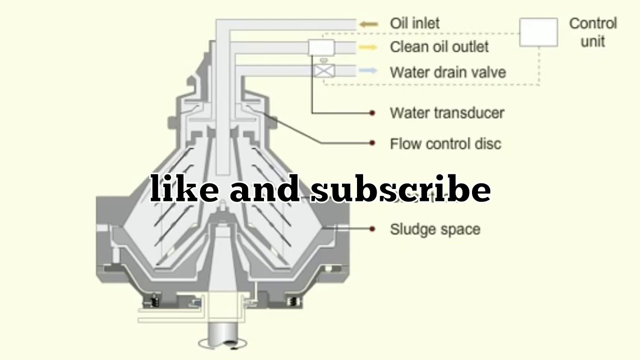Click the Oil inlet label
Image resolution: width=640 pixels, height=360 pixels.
pyautogui.click(x=414, y=23)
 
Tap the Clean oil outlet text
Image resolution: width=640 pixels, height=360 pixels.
pyautogui.click(x=439, y=47)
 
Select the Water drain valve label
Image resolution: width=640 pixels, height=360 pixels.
pyautogui.click(x=447, y=72)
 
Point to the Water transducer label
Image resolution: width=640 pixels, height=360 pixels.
pyautogui.click(x=446, y=113)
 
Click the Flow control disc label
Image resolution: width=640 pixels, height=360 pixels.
pyautogui.click(x=445, y=144)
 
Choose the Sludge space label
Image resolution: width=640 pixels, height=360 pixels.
pyautogui.click(x=434, y=229)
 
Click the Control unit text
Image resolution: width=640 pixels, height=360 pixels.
pyautogui.click(x=593, y=32)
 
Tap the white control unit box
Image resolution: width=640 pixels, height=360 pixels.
pyautogui.click(x=538, y=32)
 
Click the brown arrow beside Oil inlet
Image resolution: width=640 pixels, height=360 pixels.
pyautogui.click(x=368, y=23)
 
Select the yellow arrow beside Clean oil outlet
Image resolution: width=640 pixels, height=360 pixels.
pyautogui.click(x=368, y=47)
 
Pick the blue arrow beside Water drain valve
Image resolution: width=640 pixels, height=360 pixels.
pyautogui.click(x=368, y=71)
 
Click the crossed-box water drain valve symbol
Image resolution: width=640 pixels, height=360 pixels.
pyautogui.click(x=324, y=70)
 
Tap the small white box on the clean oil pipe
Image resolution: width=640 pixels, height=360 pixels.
pyautogui.click(x=321, y=47)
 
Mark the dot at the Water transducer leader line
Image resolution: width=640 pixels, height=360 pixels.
pyautogui.click(x=372, y=113)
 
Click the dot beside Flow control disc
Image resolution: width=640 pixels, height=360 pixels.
pyautogui.click(x=372, y=143)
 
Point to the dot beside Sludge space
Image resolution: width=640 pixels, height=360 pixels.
pyautogui.click(x=372, y=229)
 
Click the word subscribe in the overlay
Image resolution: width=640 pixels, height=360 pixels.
pyautogui.click(x=400, y=190)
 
